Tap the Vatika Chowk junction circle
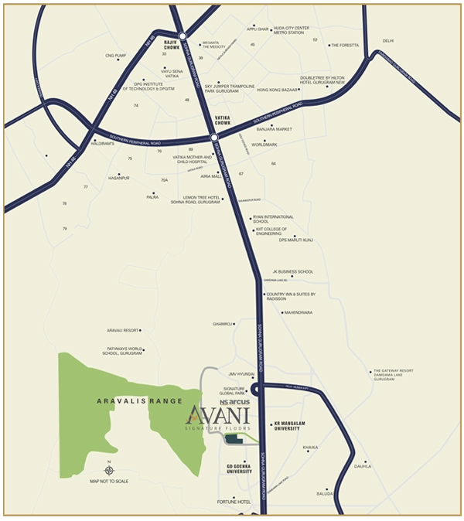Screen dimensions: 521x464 pyautogui.click(x=214, y=138)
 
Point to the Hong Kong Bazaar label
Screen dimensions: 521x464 pyautogui.click(x=277, y=90)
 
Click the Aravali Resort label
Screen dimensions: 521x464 pyautogui.click(x=123, y=330)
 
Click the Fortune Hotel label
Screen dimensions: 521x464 pyautogui.click(x=234, y=502)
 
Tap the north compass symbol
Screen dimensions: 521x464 pyautogui.click(x=109, y=470)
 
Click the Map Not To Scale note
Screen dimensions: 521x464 pyautogui.click(x=109, y=482)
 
